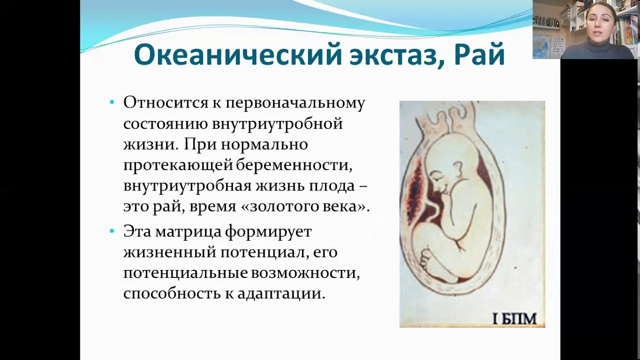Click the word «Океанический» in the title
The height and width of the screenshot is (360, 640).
click(x=237, y=55)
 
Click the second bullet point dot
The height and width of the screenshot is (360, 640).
click(x=112, y=231)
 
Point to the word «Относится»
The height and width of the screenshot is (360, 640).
click(x=165, y=102)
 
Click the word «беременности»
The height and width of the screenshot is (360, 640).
click(x=294, y=165)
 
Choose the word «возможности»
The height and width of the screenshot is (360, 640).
click(x=305, y=273)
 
